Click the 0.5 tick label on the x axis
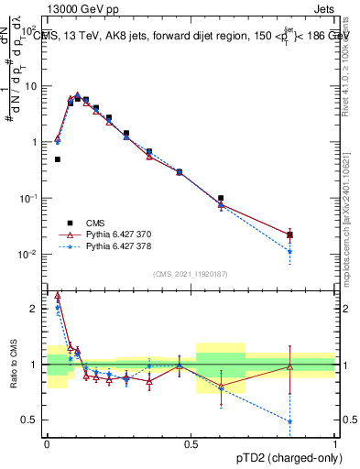coord(191,444)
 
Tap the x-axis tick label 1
coord(334,444)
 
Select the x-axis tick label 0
coord(48,444)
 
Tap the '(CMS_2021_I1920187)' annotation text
coord(191,273)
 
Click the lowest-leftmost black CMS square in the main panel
coord(58,159)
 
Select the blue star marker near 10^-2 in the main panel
coord(315,251)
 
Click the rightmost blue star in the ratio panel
coord(315,422)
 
